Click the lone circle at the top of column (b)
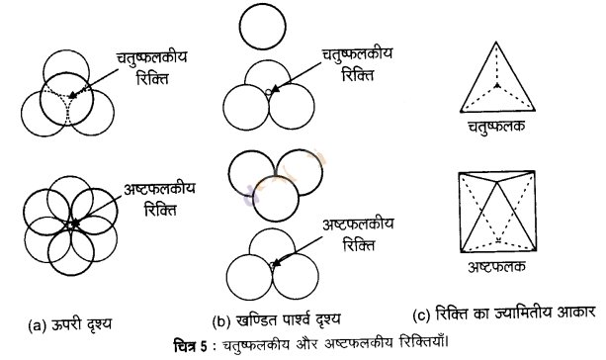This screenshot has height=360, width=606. (x=262, y=5)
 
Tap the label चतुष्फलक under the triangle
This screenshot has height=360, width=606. (x=496, y=127)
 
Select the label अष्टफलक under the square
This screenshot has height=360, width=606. (x=496, y=267)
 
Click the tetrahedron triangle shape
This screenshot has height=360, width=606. (x=461, y=111)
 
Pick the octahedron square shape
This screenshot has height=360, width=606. (x=459, y=212)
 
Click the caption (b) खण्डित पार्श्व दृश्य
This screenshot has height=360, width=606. (x=277, y=319)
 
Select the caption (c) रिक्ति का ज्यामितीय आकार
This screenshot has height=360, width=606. (x=503, y=314)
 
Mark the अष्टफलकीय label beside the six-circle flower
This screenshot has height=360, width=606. (x=159, y=190)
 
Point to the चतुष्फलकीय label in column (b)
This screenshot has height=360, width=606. (x=358, y=54)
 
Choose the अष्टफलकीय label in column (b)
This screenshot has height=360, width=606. (x=358, y=225)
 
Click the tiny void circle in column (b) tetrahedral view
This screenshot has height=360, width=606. (x=268, y=92)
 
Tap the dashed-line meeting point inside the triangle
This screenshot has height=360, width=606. (x=498, y=85)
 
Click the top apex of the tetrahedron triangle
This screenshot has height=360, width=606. (x=496, y=42)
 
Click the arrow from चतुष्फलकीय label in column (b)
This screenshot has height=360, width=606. (x=297, y=76)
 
